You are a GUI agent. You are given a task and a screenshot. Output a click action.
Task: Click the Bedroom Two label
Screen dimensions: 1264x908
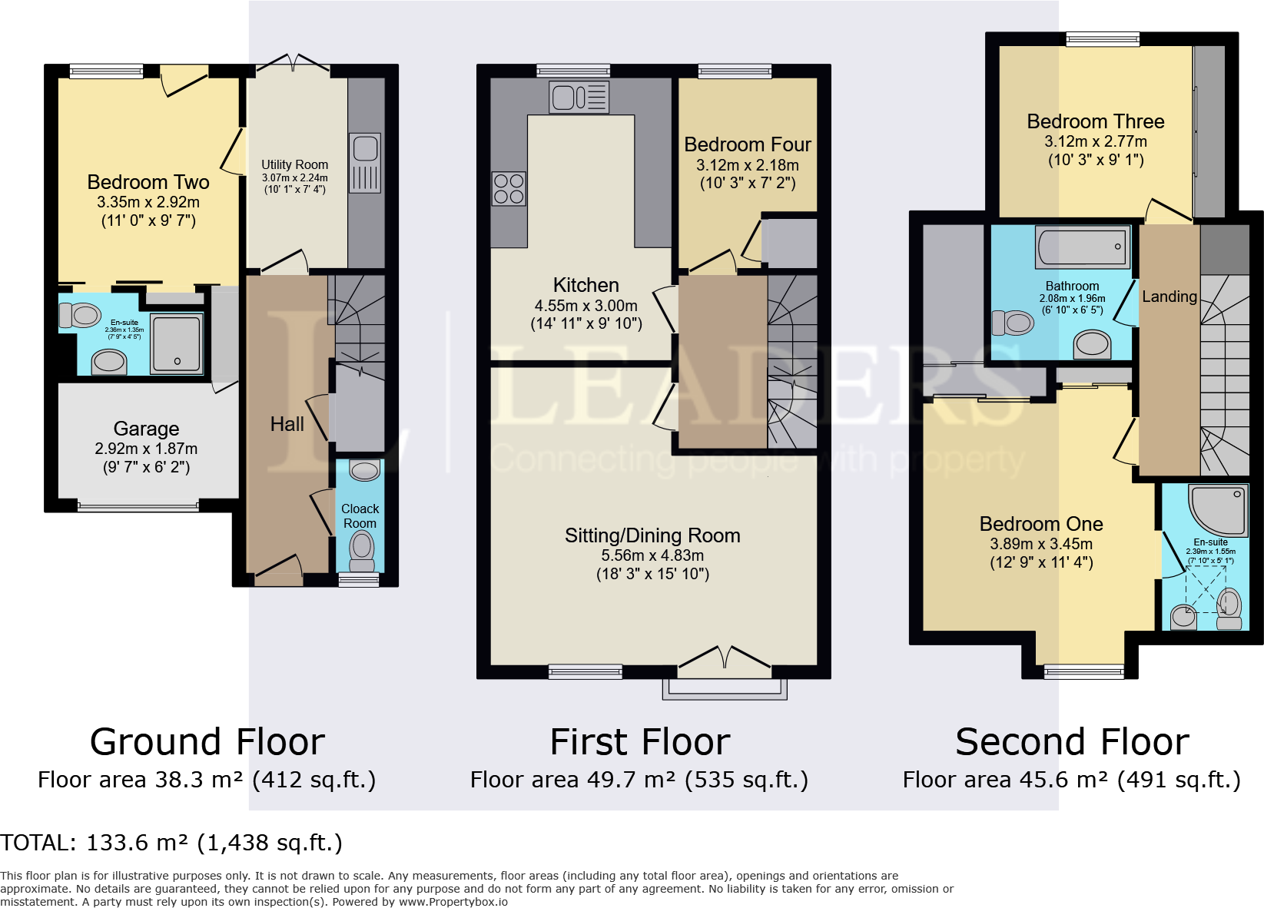(148, 182)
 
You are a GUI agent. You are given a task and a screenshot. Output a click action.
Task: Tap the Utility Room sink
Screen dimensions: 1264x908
(364, 164)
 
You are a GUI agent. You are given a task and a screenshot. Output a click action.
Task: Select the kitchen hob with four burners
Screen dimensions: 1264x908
(509, 188)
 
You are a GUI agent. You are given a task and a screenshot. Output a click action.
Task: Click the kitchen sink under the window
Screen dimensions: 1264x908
(579, 97)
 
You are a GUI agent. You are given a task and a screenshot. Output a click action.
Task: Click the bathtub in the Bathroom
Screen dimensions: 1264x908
(1083, 247)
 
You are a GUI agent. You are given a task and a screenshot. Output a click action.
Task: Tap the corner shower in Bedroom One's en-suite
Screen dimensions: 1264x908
(1219, 510)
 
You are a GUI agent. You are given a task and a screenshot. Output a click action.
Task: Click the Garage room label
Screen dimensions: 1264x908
(146, 429)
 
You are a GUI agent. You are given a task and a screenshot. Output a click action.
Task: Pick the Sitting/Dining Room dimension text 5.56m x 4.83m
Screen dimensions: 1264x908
(652, 555)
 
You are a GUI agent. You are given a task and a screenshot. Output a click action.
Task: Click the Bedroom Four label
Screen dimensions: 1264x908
(748, 145)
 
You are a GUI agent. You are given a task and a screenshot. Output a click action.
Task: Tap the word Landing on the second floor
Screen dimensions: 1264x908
(1169, 297)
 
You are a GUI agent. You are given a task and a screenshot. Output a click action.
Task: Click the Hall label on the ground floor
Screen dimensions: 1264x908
(287, 424)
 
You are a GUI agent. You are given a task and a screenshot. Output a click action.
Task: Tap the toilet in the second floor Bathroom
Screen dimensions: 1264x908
(1013, 323)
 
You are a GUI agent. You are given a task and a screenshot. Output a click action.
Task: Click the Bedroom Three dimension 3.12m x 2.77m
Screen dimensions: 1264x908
(1095, 141)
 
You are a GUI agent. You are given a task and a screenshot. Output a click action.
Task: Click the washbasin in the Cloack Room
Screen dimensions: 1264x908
(364, 470)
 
